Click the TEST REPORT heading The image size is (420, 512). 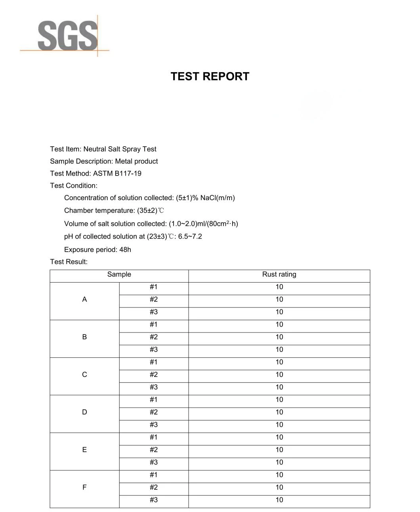[x=210, y=76]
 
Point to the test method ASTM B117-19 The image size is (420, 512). [x=117, y=173]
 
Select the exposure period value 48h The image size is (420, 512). [x=125, y=249]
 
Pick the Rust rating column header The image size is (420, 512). [x=279, y=274]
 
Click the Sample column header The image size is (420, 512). [x=119, y=274]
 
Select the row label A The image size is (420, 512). [x=84, y=300]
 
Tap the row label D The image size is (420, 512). [x=84, y=412]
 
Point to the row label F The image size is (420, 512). [x=84, y=487]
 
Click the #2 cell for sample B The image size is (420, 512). [x=154, y=337]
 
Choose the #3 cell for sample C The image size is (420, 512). [x=154, y=387]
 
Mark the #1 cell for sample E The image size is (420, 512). [x=154, y=437]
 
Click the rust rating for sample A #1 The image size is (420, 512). [x=279, y=287]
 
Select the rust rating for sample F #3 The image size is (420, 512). [x=279, y=500]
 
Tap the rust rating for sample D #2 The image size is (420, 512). [x=279, y=412]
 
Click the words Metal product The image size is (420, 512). [x=136, y=161]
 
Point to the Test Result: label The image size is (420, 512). [x=69, y=262]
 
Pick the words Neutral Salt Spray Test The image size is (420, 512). [x=120, y=149]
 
